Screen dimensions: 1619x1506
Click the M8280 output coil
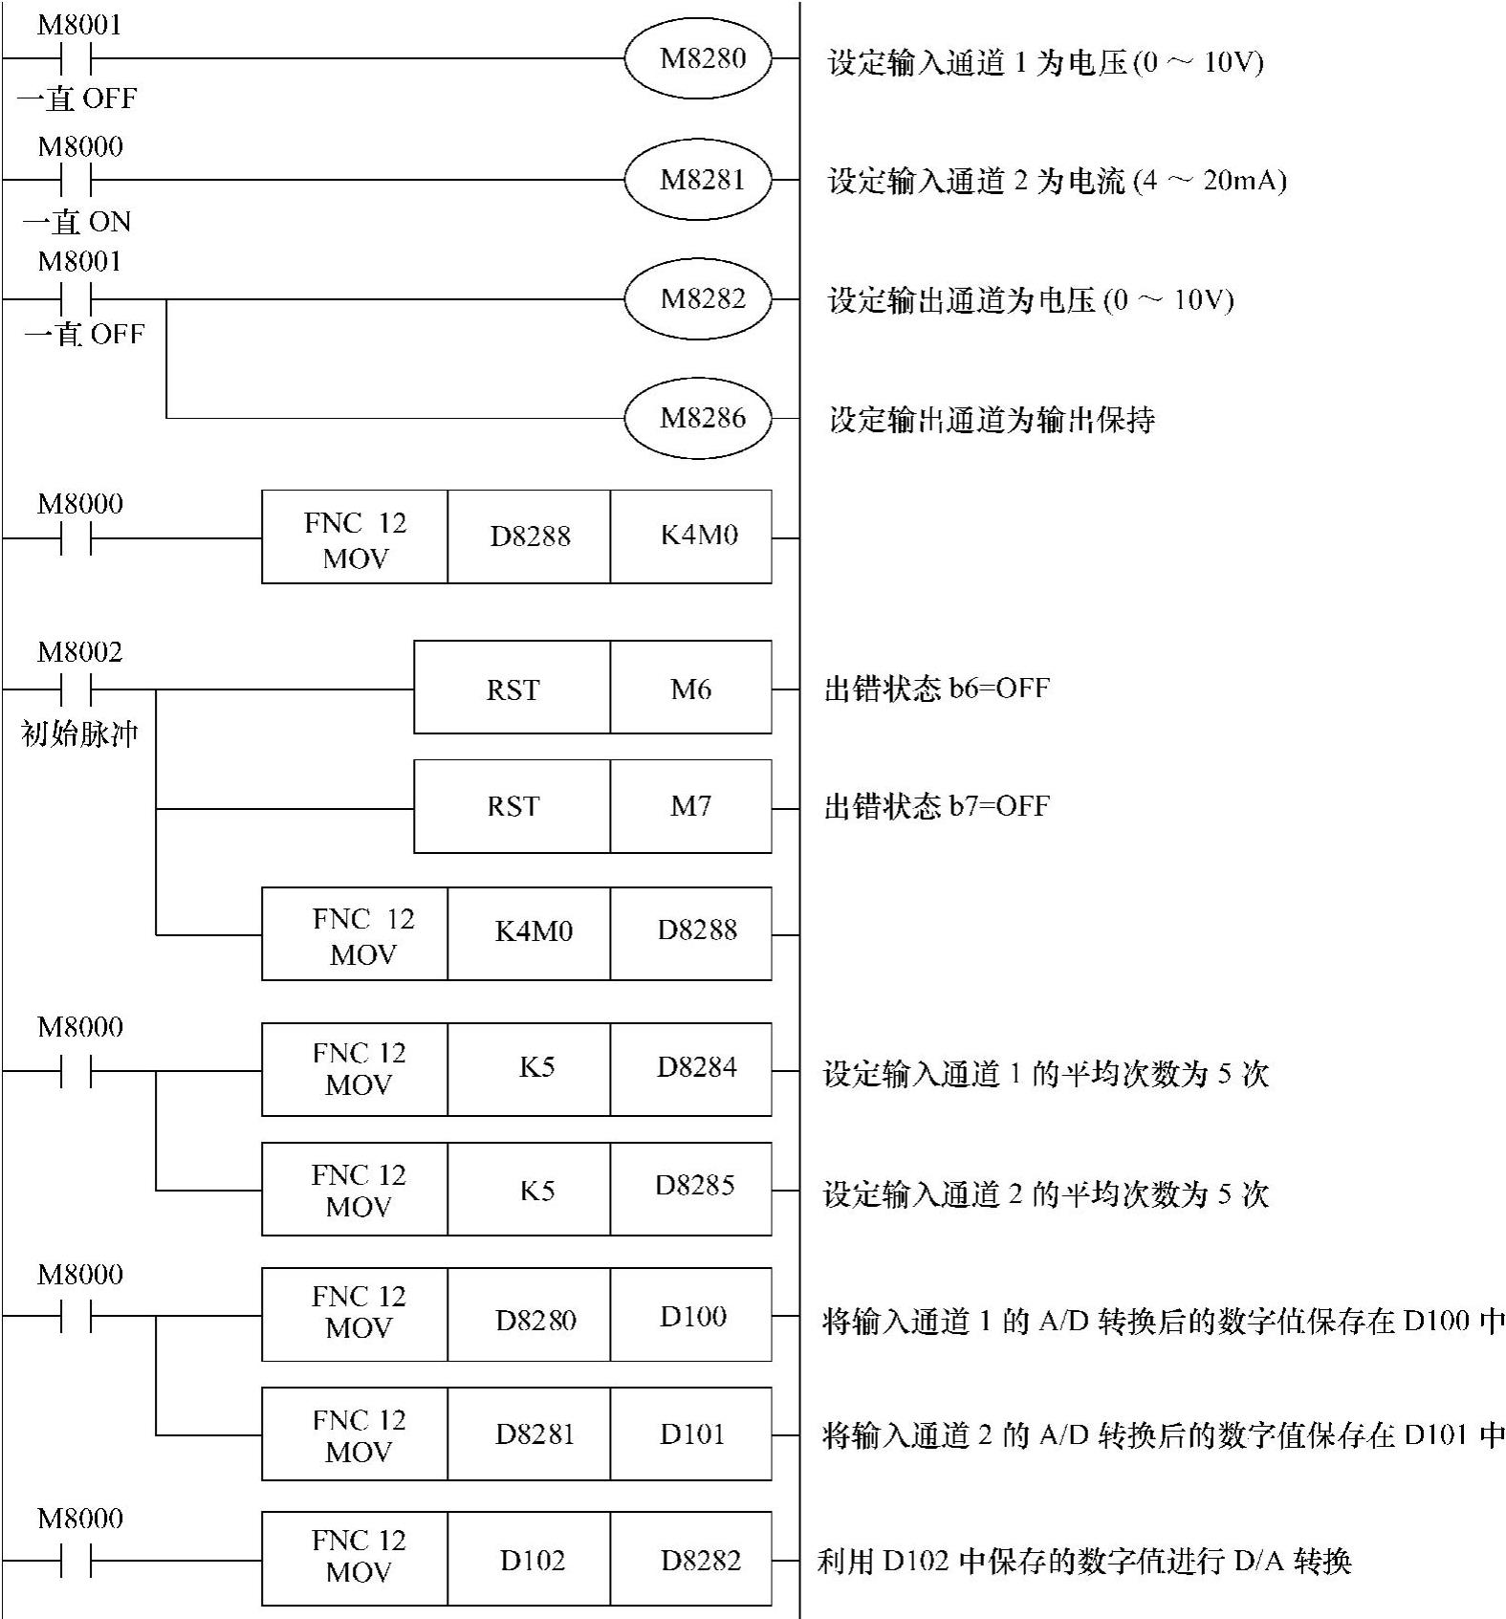[x=698, y=59]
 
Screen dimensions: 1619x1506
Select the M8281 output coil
[x=698, y=180]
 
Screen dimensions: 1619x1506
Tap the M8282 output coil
[x=698, y=299]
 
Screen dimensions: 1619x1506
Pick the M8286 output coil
[x=698, y=418]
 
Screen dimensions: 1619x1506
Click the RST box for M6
[x=513, y=689]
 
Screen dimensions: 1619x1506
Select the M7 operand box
[x=690, y=807]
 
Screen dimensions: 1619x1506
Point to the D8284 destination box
[x=690, y=1069]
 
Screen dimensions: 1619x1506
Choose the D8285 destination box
[x=690, y=1188]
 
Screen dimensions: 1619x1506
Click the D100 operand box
[x=690, y=1316]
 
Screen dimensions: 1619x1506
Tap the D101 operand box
[x=690, y=1434]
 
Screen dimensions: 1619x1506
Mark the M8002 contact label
[x=80, y=653]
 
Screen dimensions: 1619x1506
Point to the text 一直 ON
[x=77, y=222]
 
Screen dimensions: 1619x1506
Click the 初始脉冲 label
[x=80, y=734]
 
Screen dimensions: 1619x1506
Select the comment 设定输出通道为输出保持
[x=992, y=420]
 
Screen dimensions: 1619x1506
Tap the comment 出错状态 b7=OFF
[x=937, y=806]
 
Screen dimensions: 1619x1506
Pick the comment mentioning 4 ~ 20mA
[x=1057, y=181]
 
